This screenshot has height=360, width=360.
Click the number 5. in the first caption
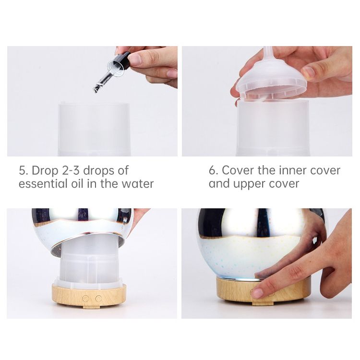click(x=24, y=170)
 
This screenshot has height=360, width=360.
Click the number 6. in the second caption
click(x=213, y=170)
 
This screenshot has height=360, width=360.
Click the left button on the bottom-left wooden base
click(x=85, y=299)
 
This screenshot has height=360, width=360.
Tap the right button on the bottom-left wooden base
click(x=99, y=299)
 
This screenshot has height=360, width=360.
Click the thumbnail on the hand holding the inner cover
click(x=308, y=72)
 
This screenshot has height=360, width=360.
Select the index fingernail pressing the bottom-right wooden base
click(x=257, y=293)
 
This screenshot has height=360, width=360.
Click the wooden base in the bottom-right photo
click(x=264, y=291)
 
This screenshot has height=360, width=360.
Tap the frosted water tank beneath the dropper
click(x=94, y=130)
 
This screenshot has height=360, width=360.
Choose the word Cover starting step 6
click(x=238, y=170)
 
